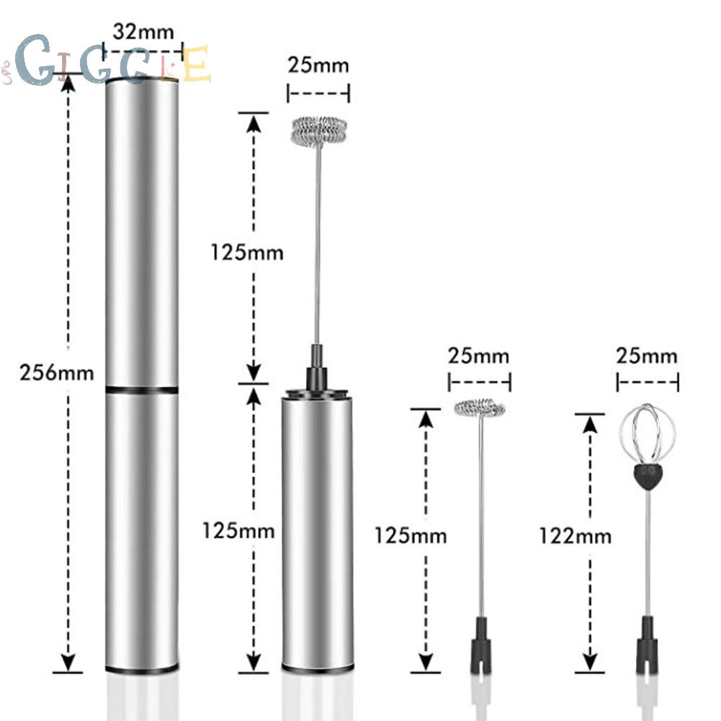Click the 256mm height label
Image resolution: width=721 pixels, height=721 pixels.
coord(57,372)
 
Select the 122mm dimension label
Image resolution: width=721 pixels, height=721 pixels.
coord(576,536)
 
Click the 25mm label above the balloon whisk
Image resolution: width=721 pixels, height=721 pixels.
coord(647,356)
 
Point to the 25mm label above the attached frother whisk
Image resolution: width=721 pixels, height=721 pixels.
coord(318,65)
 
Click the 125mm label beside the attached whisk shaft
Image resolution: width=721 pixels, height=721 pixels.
coord(247,252)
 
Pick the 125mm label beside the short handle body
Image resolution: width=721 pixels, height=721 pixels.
coord(238,531)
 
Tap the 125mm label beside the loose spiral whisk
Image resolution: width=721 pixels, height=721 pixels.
coord(411,536)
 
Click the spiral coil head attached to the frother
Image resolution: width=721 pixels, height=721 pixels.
coord(319,131)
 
